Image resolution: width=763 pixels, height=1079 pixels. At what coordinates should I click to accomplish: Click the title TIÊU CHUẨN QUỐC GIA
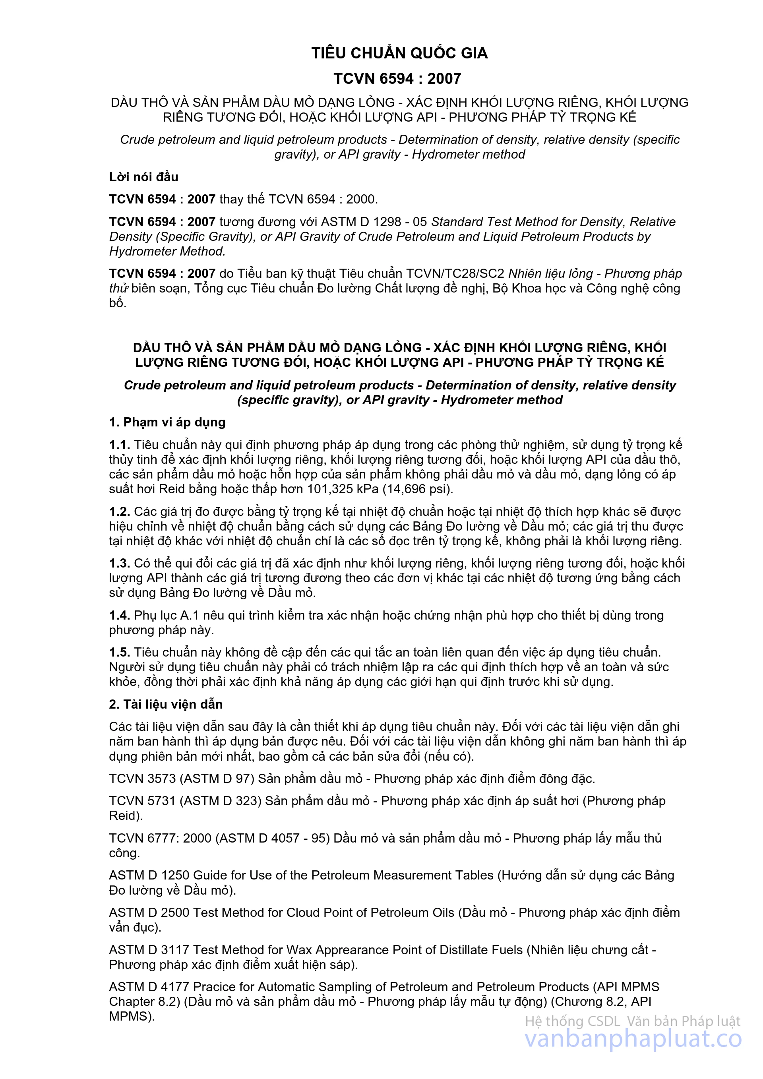(399, 53)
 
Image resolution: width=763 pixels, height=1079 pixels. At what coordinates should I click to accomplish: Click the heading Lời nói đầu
(144, 177)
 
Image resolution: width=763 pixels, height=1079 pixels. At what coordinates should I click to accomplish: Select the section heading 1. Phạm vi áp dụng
(167, 422)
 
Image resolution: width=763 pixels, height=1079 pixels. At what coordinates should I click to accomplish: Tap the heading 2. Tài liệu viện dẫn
(166, 705)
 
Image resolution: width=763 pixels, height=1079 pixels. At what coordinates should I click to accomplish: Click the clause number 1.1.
(119, 445)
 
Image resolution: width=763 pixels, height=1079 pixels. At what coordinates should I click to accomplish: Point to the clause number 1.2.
(119, 512)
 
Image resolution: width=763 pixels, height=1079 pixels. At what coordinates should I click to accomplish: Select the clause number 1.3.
(119, 564)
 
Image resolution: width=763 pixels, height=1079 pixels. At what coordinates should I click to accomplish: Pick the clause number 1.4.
(119, 616)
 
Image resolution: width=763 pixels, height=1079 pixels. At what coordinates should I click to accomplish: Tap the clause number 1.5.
(119, 653)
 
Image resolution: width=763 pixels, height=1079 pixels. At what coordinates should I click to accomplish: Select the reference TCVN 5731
(142, 801)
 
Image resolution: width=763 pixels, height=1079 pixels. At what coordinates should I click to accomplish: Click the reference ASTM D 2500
(149, 912)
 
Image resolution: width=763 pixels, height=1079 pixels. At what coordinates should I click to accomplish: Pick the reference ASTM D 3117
(149, 950)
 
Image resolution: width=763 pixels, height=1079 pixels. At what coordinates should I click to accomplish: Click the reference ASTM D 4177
(149, 987)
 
